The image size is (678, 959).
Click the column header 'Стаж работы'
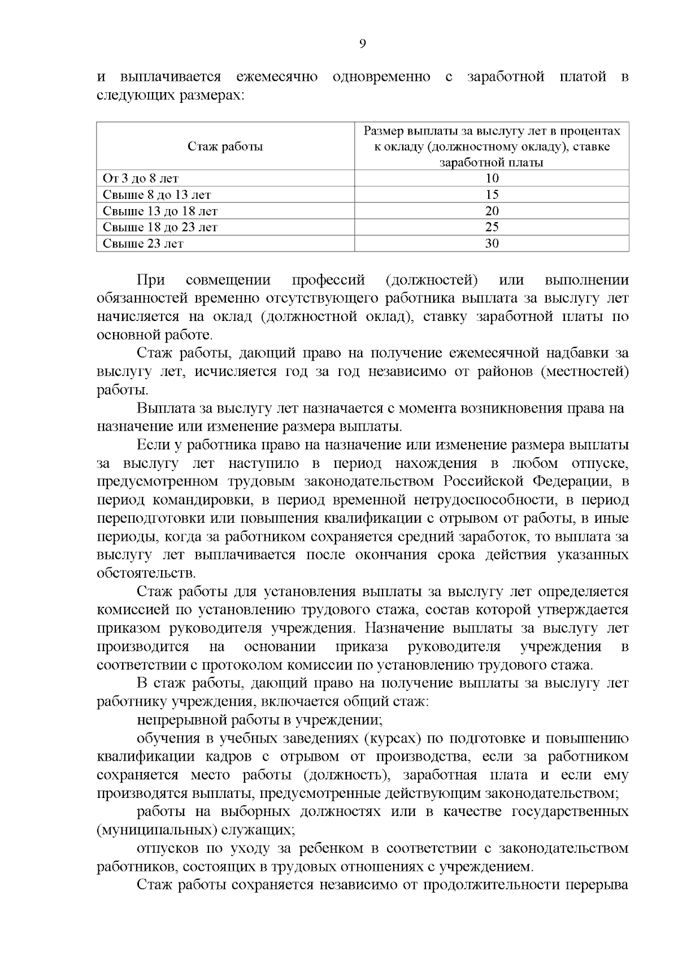point(225,147)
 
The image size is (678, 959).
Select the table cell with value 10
point(492,179)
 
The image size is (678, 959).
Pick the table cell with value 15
point(492,195)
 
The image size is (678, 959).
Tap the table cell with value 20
point(492,211)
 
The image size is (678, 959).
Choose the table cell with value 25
point(492,227)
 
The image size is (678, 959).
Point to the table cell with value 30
point(492,244)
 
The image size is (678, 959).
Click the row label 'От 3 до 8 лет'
point(141,179)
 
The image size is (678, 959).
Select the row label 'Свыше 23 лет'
point(143,244)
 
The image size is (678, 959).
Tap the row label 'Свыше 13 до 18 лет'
point(160,211)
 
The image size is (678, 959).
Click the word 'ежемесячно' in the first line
point(276,77)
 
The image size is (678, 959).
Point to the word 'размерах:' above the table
point(211,95)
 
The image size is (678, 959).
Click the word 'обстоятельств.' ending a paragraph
point(146,573)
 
